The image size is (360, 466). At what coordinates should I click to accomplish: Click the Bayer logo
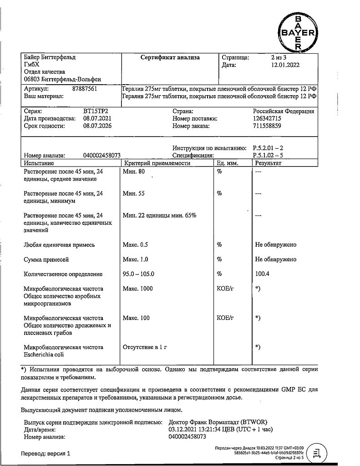(x=298, y=32)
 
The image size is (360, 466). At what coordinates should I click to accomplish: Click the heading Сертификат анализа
(x=170, y=58)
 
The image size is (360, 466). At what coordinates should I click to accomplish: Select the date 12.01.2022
(x=285, y=65)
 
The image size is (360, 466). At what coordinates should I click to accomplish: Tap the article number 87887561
(x=85, y=89)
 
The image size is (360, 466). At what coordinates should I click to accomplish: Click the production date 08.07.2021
(x=97, y=118)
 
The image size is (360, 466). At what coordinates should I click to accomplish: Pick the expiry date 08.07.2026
(x=97, y=126)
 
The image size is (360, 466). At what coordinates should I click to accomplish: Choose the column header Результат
(x=269, y=163)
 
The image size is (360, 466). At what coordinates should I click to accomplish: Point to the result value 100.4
(x=263, y=274)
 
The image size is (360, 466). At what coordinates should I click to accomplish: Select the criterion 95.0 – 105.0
(x=139, y=274)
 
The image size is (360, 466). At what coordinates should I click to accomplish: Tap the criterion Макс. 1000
(x=138, y=289)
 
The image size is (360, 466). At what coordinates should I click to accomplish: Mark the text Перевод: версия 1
(x=46, y=454)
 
